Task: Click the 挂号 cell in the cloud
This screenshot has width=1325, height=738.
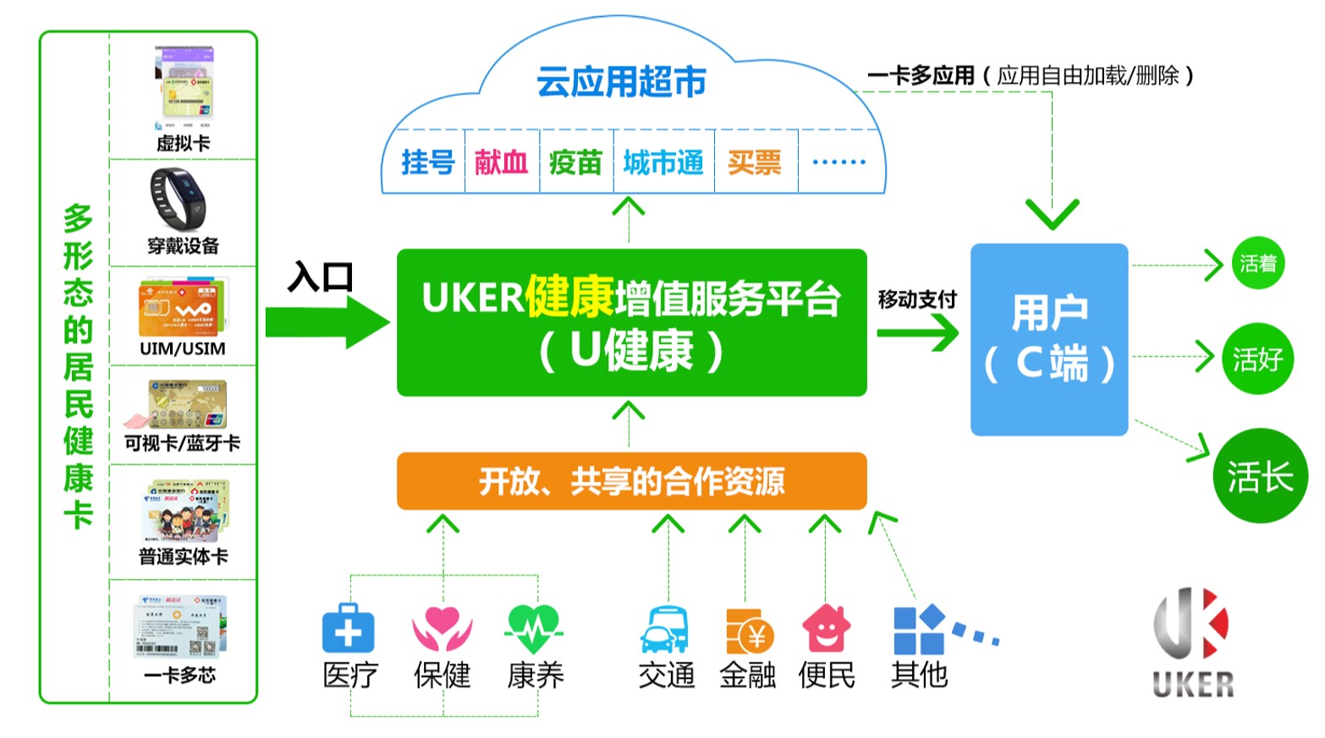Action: pyautogui.click(x=427, y=161)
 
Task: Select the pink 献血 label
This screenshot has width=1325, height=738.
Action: pyautogui.click(x=501, y=161)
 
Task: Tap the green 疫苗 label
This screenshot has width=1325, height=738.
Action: pyautogui.click(x=575, y=161)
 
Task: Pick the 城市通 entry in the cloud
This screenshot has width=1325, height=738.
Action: pyautogui.click(x=663, y=161)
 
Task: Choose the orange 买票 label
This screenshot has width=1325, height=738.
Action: pyautogui.click(x=754, y=161)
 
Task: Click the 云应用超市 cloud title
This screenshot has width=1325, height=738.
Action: pyautogui.click(x=621, y=82)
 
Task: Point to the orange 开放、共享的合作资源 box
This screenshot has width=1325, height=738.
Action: pyautogui.click(x=631, y=481)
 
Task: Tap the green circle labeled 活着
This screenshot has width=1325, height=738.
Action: pyautogui.click(x=1257, y=264)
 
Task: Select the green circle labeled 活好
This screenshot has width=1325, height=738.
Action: pyautogui.click(x=1257, y=359)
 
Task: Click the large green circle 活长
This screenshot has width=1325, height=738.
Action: pyautogui.click(x=1260, y=477)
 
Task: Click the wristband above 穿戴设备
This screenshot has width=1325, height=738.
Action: pyautogui.click(x=179, y=199)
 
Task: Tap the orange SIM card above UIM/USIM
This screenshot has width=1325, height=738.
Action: pyautogui.click(x=182, y=308)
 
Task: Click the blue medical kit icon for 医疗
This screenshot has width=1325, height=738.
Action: pyautogui.click(x=348, y=628)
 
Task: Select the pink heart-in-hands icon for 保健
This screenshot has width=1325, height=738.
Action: pyautogui.click(x=442, y=629)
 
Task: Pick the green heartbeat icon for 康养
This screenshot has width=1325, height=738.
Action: pyautogui.click(x=534, y=629)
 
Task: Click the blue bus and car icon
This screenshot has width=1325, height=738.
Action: pyautogui.click(x=665, y=629)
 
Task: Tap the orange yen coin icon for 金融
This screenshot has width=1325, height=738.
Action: pyautogui.click(x=749, y=631)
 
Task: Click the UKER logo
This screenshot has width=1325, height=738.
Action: pyautogui.click(x=1192, y=642)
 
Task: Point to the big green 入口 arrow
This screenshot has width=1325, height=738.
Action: pyautogui.click(x=327, y=322)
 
